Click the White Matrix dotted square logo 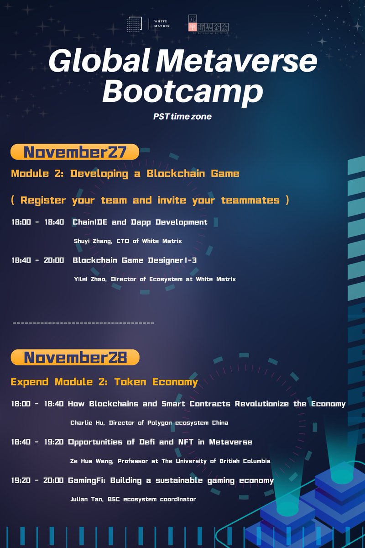pyautogui.click(x=135, y=24)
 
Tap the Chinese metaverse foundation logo pyautogui.click(x=208, y=24)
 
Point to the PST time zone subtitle pyautogui.click(x=182, y=116)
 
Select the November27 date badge pyautogui.click(x=74, y=152)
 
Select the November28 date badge pyautogui.click(x=74, y=358)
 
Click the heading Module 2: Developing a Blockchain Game pyautogui.click(x=125, y=174)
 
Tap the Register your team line pyautogui.click(x=150, y=200)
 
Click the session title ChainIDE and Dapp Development pyautogui.click(x=140, y=222)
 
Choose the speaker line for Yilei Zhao pyautogui.click(x=155, y=279)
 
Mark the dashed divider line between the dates pyautogui.click(x=83, y=323)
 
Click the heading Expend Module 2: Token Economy pyautogui.click(x=104, y=382)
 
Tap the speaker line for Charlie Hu pyautogui.click(x=149, y=423)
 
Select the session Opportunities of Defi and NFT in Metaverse pyautogui.click(x=160, y=442)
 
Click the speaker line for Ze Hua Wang pyautogui.click(x=170, y=461)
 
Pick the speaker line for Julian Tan pyautogui.click(x=133, y=500)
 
